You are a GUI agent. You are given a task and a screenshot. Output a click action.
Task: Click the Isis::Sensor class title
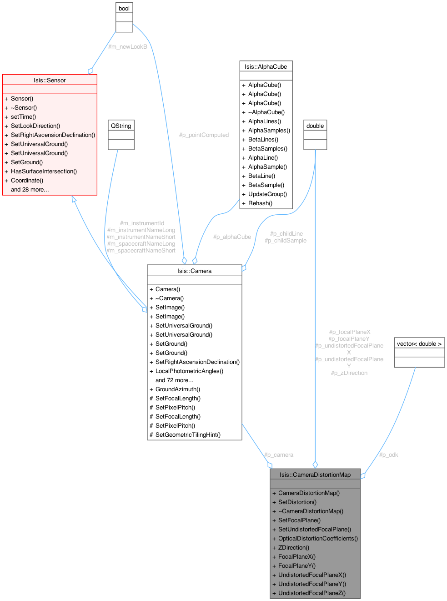50,80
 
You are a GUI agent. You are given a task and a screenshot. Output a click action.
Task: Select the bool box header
124,8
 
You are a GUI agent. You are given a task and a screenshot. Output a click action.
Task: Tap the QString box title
121,126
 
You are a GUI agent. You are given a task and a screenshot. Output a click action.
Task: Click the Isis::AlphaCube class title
266,66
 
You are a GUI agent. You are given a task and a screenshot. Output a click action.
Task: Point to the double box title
315,126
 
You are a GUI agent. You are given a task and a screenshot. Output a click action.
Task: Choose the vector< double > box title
419,343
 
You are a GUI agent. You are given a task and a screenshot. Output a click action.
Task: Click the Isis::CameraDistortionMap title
315,475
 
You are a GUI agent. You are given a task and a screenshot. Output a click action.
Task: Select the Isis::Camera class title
194,271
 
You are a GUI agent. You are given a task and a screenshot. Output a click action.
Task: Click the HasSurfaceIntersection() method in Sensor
44,171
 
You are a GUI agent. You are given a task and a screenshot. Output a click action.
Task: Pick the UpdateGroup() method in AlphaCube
267,194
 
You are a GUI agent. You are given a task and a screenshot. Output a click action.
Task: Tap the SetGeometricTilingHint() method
188,434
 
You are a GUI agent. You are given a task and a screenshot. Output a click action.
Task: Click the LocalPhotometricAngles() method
189,371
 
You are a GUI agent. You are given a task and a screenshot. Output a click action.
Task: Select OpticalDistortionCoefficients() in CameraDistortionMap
318,538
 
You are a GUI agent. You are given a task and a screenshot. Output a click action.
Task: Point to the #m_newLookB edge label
128,46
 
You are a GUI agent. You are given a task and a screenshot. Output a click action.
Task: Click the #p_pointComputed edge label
204,135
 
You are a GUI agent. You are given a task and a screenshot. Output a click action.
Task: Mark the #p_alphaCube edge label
232,237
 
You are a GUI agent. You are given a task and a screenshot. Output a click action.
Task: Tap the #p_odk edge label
389,455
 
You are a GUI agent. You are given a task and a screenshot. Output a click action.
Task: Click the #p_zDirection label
349,373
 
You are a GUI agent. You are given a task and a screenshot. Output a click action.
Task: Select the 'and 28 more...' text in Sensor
30,189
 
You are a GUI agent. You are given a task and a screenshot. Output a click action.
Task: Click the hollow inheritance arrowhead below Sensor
74,199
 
